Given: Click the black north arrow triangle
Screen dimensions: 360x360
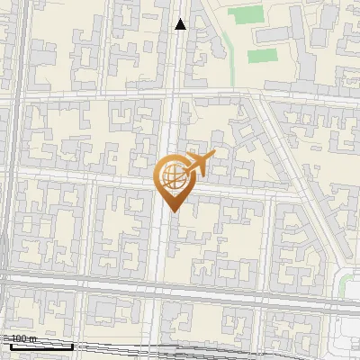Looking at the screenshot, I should [181, 24].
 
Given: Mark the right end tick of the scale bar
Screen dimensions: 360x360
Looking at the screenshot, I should [72, 344].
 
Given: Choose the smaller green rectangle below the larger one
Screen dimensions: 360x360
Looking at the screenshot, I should [261, 56].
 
